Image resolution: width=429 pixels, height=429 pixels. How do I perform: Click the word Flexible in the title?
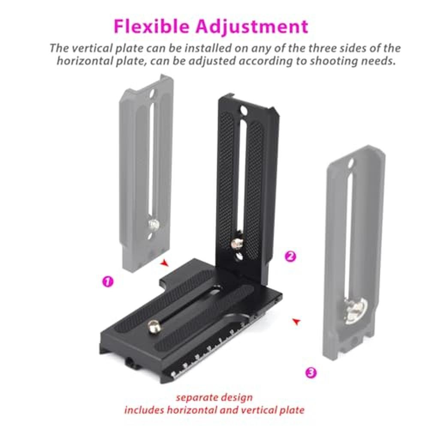click(x=151, y=26)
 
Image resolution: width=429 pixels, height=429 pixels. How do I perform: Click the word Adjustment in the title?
click(x=252, y=27)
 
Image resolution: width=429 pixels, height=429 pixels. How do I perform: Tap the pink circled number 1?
click(x=108, y=281)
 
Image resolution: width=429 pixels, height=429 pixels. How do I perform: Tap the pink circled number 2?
click(x=290, y=257)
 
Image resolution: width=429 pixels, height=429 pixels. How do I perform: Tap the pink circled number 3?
click(x=311, y=372)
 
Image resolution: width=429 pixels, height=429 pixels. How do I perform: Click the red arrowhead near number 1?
click(x=164, y=263)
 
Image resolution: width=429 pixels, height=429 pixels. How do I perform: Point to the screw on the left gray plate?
click(x=154, y=225)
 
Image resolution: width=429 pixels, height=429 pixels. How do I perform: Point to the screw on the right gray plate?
click(x=355, y=311)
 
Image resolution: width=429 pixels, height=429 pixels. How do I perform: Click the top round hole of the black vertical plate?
click(x=243, y=111)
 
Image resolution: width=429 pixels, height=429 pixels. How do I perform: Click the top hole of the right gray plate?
click(x=351, y=164)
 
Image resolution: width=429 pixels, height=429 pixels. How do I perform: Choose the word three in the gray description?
click(x=323, y=48)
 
